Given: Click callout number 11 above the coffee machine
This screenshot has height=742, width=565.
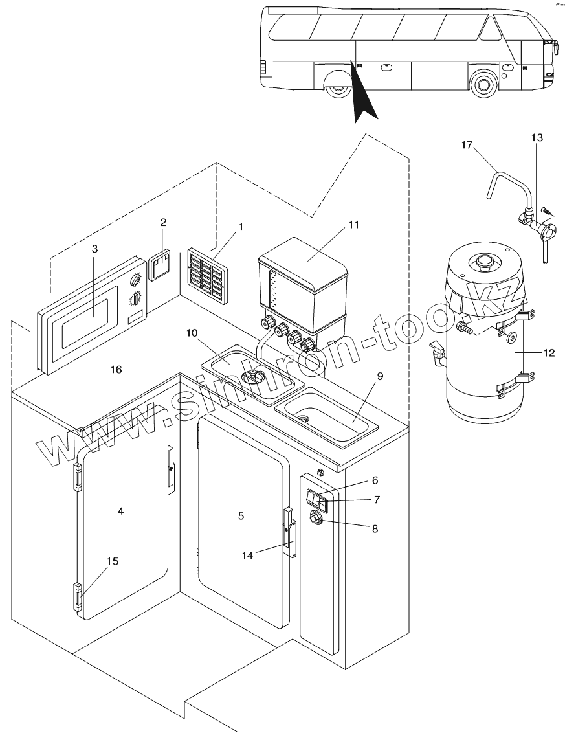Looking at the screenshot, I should coord(353,225).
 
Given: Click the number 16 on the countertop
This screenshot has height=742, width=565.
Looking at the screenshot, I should coord(116,370).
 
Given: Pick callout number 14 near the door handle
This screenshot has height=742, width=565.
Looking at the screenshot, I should coord(248,554).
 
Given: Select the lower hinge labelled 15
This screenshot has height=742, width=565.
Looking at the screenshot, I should coord(78,596).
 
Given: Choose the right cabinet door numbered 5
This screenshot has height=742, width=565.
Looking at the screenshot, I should coord(239,518).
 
